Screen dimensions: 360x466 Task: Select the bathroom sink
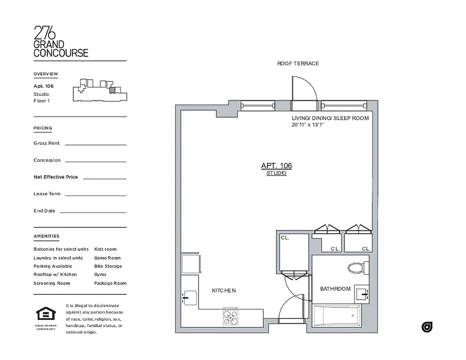(362, 294)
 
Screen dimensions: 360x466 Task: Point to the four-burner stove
(231, 317)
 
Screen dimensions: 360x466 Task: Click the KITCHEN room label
(224, 291)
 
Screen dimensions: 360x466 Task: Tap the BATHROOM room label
(335, 288)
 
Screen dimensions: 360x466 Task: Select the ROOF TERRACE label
(298, 63)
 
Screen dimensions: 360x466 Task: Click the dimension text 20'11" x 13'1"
(308, 125)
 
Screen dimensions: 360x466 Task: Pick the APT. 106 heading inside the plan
(276, 166)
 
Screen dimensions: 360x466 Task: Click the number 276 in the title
(45, 33)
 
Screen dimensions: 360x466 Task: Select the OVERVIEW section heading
(45, 74)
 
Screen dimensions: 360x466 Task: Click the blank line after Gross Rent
(95, 144)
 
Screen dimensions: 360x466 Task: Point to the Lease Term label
(47, 194)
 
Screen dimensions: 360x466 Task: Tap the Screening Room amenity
(52, 283)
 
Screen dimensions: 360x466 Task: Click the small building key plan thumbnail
(100, 90)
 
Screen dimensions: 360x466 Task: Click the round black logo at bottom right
(427, 327)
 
